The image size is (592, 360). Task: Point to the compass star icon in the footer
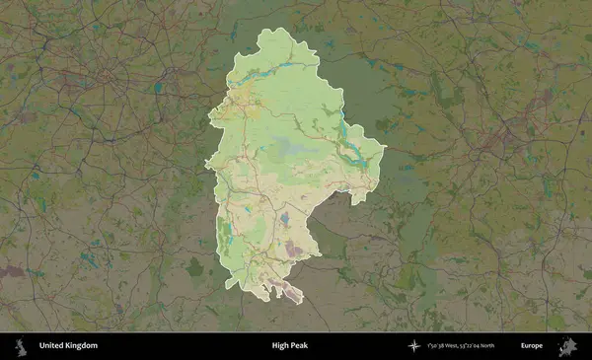pos(414,346)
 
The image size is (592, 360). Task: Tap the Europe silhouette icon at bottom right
pos(568,346)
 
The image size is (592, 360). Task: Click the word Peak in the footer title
pos(301,346)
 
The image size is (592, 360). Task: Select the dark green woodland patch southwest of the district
pos(195,266)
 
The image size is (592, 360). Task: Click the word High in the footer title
pos(281,346)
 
